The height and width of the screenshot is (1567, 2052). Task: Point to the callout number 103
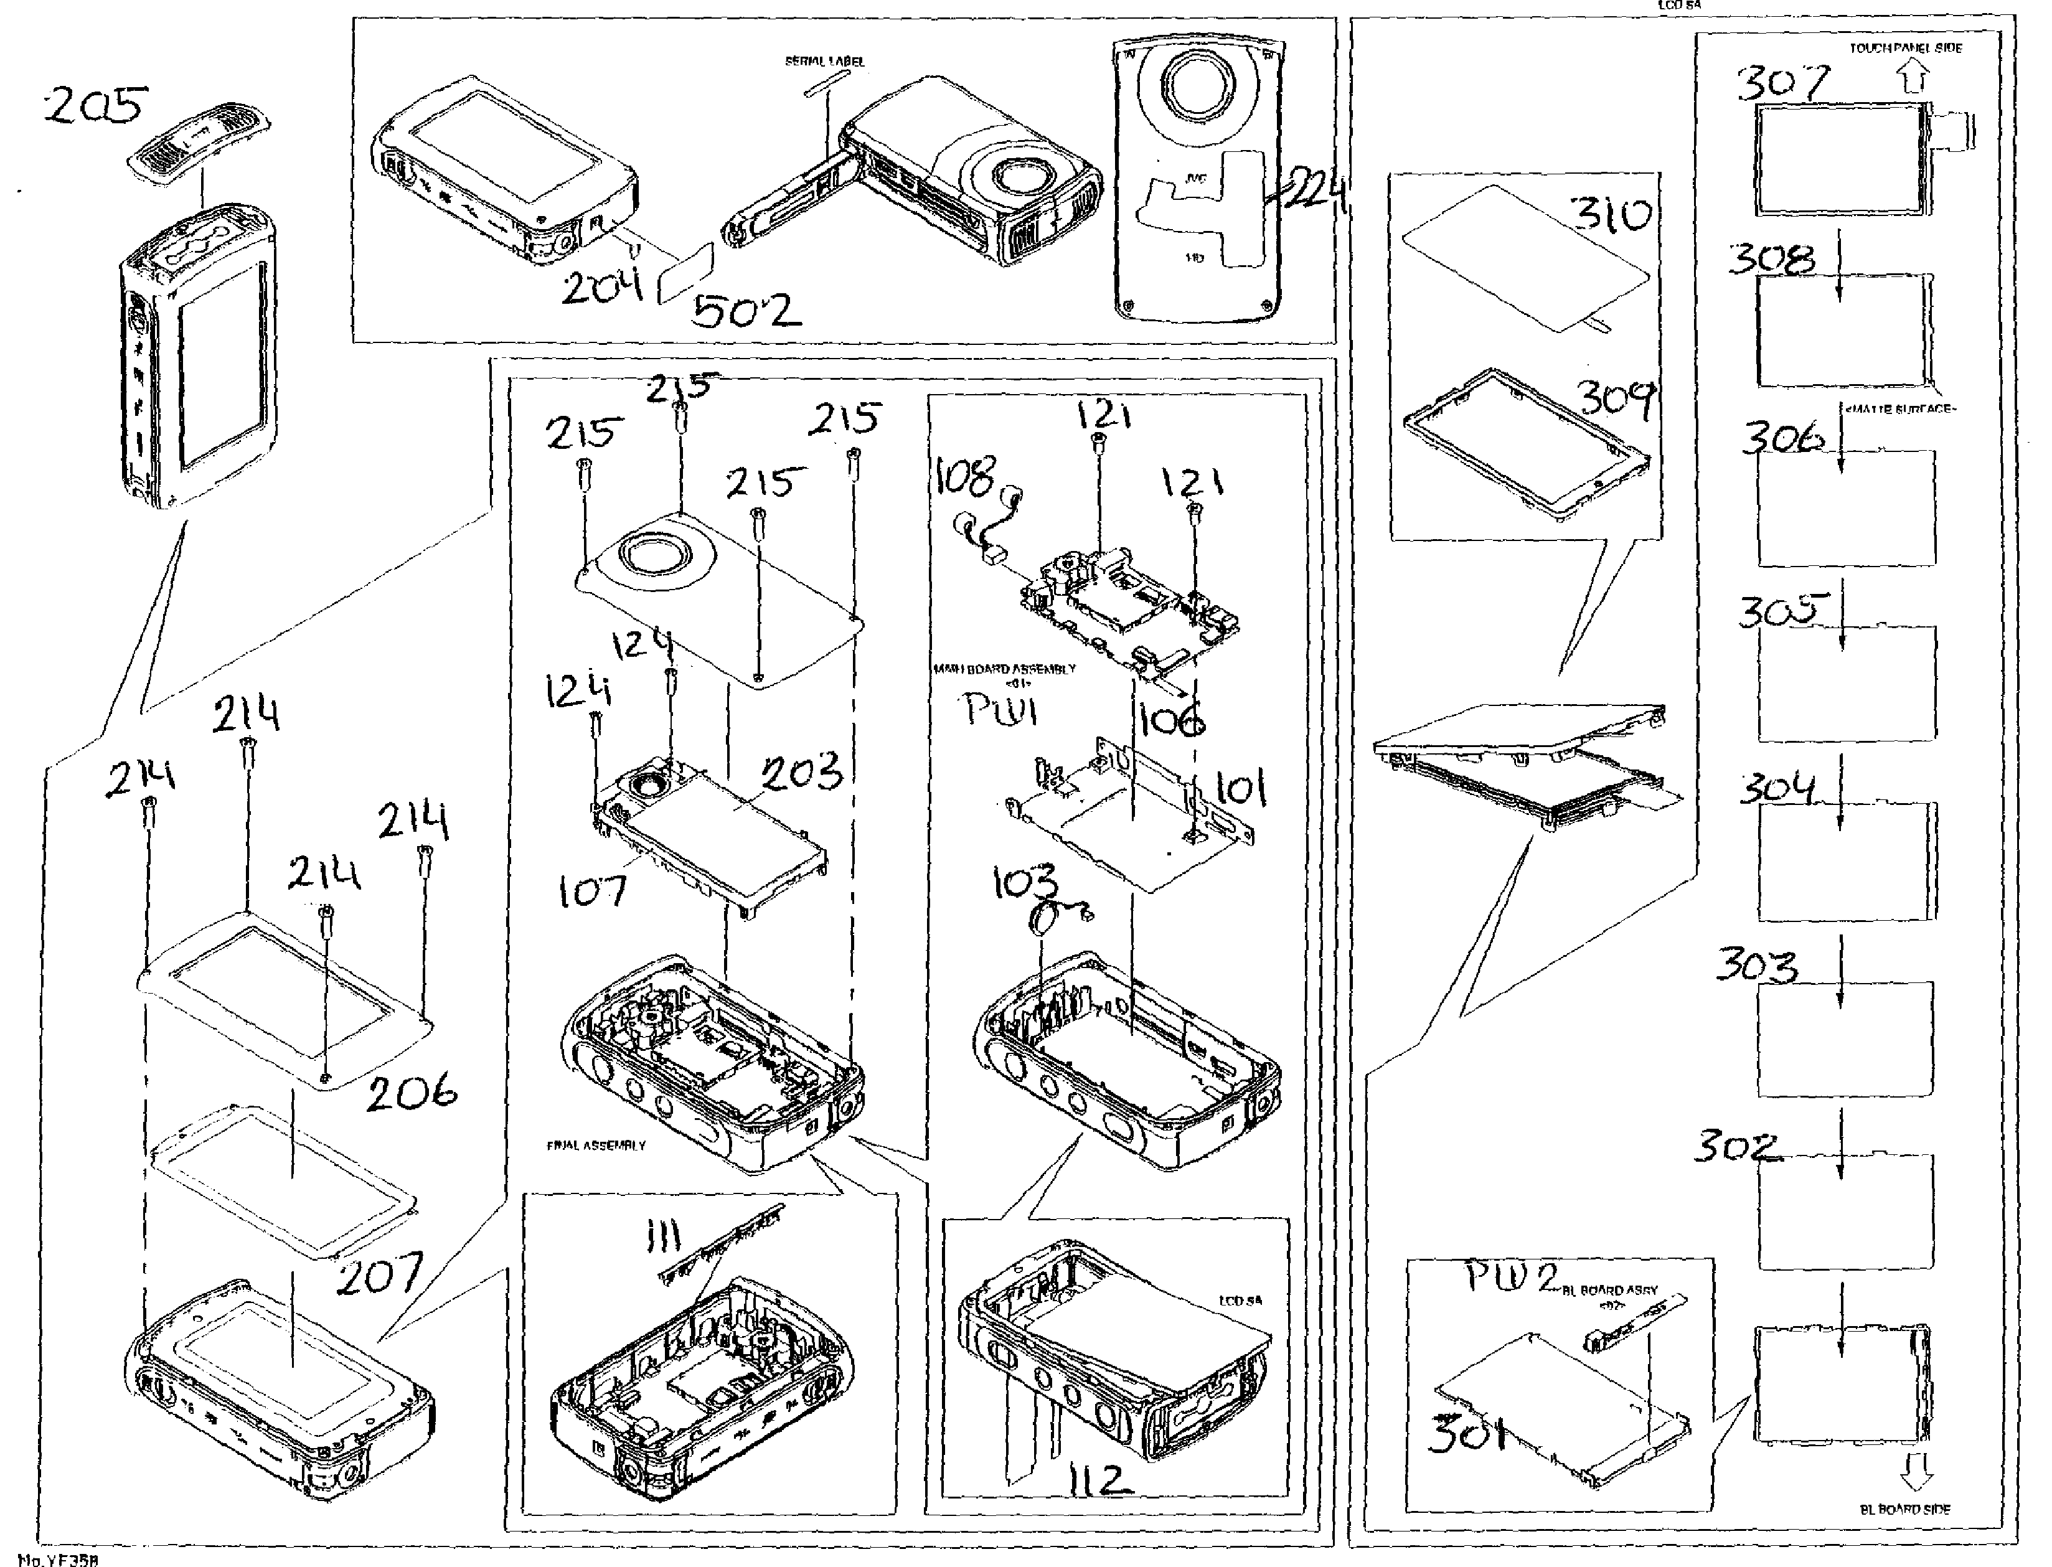pyautogui.click(x=1025, y=882)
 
